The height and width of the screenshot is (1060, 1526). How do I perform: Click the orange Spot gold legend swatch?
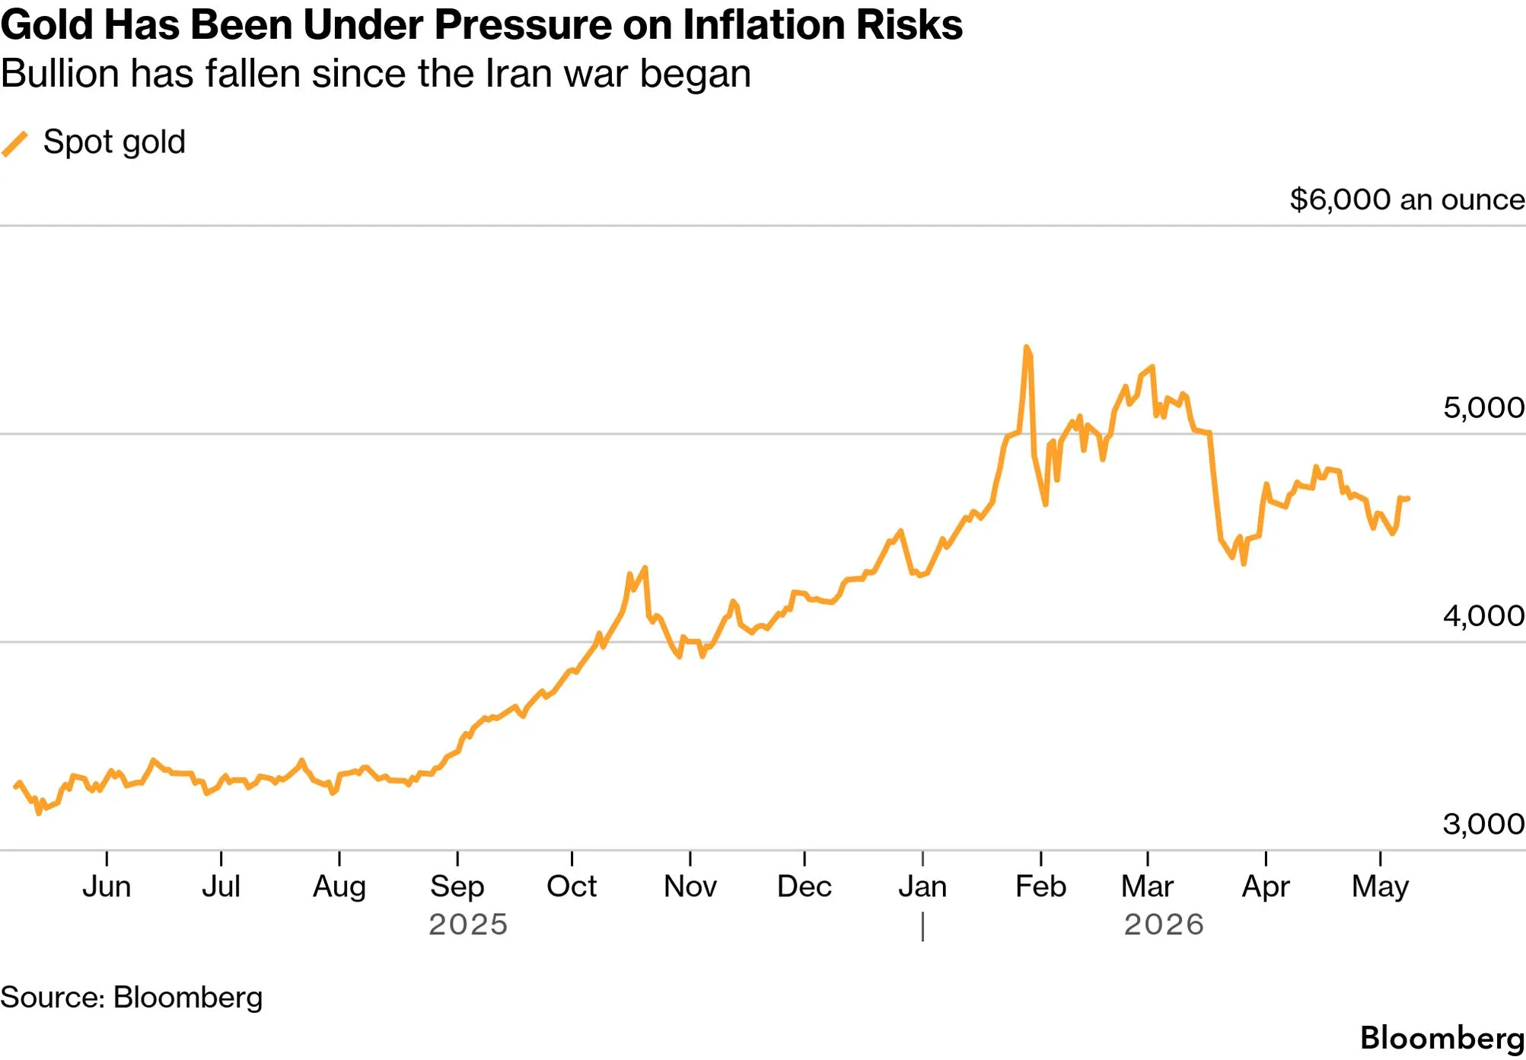point(14,143)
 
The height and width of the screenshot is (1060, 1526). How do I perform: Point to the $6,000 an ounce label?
point(1407,200)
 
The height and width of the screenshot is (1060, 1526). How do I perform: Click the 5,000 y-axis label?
point(1483,407)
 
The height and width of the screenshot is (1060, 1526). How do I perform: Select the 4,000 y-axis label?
point(1483,615)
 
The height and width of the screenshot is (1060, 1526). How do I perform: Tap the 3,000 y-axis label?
point(1483,823)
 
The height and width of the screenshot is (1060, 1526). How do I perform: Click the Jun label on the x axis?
point(107,886)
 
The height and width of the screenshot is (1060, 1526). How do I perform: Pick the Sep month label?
point(457,887)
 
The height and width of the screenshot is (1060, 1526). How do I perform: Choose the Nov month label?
point(690,886)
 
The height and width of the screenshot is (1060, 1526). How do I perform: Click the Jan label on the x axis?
point(922,886)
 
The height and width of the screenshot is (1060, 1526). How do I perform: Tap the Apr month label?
point(1266,887)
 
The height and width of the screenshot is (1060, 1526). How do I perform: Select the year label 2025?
point(468,924)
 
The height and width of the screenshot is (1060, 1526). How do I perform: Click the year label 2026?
point(1164,924)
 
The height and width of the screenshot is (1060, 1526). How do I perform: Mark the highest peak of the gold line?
point(1027,347)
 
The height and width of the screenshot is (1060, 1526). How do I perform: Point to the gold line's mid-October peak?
point(645,567)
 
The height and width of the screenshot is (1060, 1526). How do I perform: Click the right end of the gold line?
point(1408,499)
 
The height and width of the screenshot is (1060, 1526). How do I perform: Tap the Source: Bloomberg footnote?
point(131,998)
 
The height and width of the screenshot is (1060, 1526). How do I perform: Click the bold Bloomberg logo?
point(1442,1039)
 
